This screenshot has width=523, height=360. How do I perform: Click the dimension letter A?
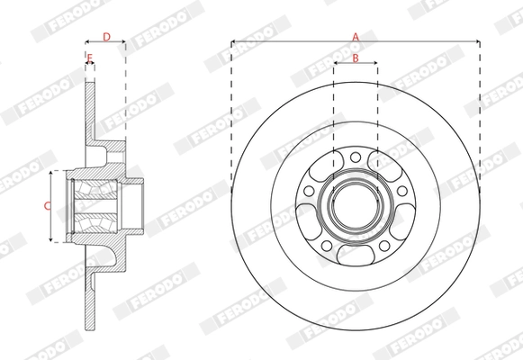355,36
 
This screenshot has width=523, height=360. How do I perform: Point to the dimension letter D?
106,37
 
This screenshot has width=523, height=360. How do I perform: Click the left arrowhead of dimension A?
233,41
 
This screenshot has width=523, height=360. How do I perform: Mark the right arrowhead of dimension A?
476,41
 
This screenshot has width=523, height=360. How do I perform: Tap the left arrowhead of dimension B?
336,64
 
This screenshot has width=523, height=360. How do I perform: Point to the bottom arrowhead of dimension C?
57,241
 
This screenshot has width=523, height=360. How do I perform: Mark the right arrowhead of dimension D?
123,42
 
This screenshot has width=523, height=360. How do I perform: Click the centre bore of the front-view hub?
355,205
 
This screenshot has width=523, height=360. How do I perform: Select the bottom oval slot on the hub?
355,256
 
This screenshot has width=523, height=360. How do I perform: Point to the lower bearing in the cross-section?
95,221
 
